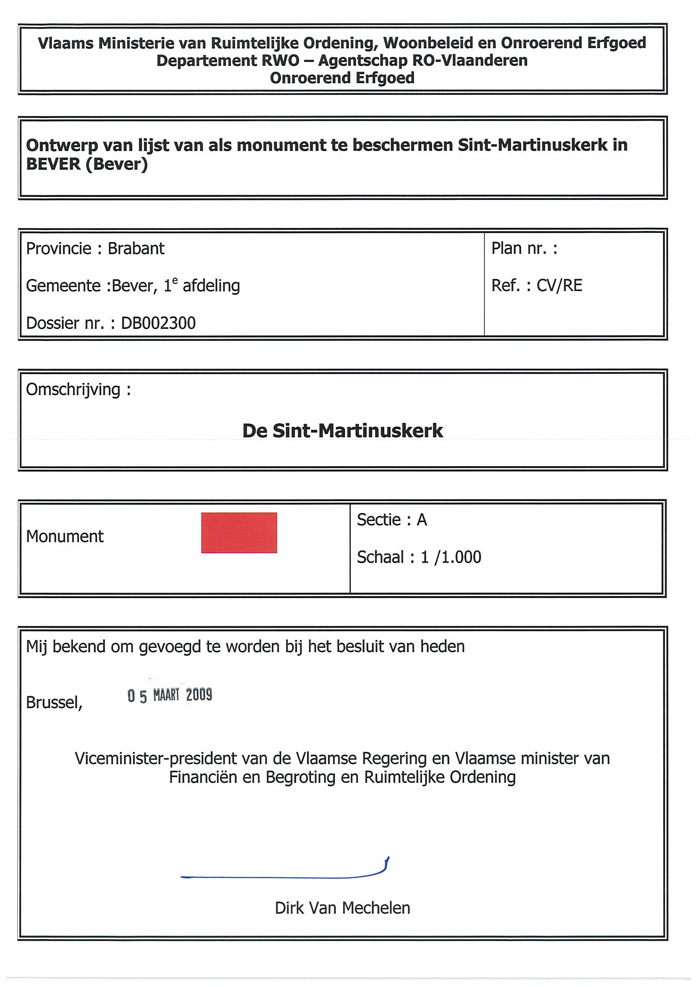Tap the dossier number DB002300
(158, 323)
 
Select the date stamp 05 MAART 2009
(170, 695)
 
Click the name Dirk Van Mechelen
(342, 908)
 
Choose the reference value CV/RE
(559, 286)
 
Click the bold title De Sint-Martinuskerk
(342, 431)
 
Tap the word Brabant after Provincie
(136, 248)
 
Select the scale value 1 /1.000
(451, 557)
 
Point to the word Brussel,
(54, 702)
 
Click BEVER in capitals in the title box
(53, 164)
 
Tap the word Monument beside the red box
(65, 537)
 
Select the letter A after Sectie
(422, 520)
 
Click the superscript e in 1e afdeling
(175, 281)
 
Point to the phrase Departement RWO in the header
(227, 61)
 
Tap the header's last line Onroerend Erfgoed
(342, 78)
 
